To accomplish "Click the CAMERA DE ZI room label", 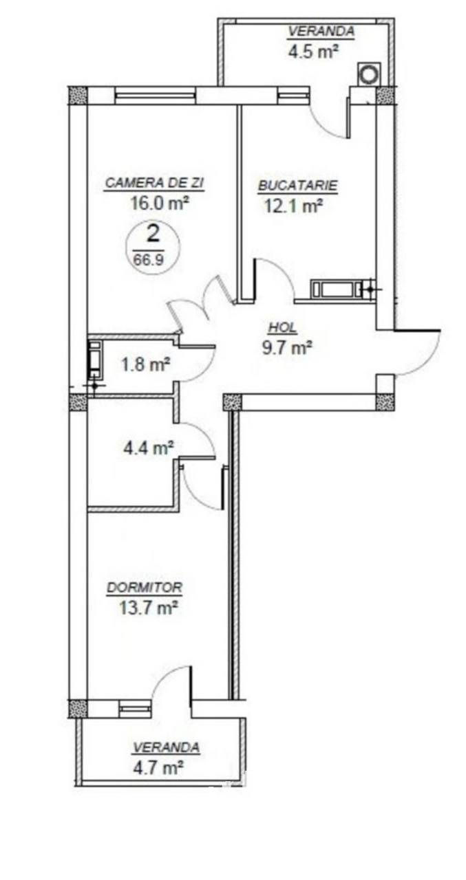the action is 155,183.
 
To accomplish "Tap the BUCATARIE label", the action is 297,186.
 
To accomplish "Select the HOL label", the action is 282,328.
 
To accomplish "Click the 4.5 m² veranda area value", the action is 313,52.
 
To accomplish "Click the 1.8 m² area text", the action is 145,364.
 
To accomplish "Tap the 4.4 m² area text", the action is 149,447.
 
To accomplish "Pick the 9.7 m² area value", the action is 287,347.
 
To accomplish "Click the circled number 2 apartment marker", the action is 152,235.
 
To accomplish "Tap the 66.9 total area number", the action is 148,259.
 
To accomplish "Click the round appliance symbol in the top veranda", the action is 369,74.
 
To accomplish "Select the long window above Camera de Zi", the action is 155,96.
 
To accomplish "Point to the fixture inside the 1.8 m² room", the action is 95,356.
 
